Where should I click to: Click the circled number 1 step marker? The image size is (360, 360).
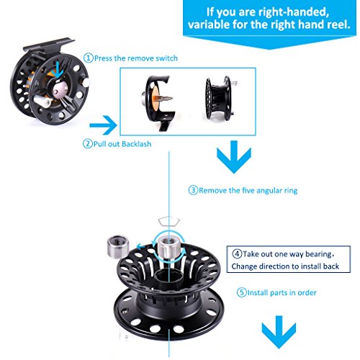(89, 58)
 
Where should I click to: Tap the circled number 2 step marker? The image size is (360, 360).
(88, 144)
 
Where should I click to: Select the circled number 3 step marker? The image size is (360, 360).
(193, 190)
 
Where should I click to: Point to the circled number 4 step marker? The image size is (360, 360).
(237, 253)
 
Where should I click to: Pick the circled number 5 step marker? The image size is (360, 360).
(242, 292)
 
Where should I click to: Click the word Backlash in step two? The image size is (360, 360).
(136, 144)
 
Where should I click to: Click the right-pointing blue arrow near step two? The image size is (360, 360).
(104, 125)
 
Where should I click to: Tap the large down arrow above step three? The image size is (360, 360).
(234, 157)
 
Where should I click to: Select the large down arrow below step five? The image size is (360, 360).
(279, 332)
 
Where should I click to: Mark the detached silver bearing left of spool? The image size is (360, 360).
(117, 246)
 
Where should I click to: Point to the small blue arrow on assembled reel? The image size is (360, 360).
(58, 70)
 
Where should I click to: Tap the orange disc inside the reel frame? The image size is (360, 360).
(155, 98)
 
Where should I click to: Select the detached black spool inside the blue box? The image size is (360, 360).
(220, 99)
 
